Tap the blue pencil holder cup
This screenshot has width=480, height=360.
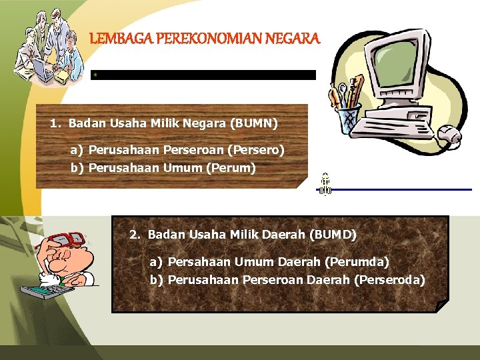347,119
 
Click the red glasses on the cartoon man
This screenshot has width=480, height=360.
67,239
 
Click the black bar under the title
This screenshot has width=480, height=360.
203,75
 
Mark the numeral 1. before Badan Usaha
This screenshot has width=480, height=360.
55,123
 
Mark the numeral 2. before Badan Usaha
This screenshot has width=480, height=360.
135,235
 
